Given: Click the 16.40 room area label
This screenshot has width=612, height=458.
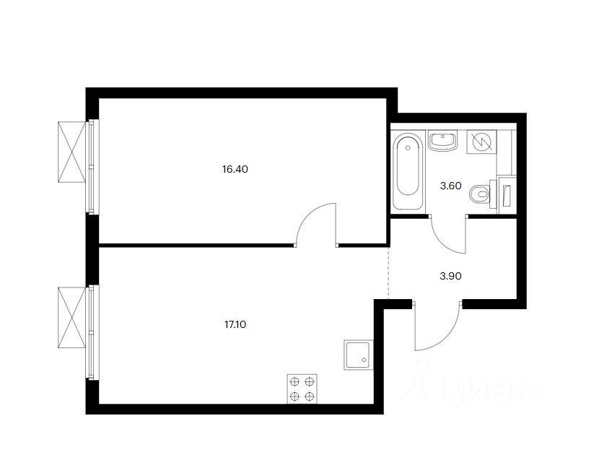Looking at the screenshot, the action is (x=235, y=169).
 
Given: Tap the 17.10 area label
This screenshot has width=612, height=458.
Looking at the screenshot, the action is (x=235, y=324).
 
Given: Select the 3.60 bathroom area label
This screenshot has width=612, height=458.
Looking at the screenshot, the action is (x=451, y=186).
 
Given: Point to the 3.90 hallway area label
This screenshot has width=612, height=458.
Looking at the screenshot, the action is (x=451, y=276).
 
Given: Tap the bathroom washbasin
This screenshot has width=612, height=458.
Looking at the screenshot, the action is (x=442, y=140).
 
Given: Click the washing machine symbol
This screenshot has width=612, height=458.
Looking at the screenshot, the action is (x=482, y=141).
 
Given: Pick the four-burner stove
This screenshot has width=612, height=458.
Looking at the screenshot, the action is (x=302, y=389).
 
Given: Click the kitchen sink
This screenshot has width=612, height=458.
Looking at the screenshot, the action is (x=358, y=355).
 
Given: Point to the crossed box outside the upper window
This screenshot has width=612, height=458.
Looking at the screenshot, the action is (x=72, y=152).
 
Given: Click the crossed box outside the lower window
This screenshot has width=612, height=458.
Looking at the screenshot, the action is (x=72, y=317).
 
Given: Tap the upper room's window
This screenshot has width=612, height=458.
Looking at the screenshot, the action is (x=92, y=167).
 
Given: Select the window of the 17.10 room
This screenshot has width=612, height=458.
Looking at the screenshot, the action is (x=92, y=332).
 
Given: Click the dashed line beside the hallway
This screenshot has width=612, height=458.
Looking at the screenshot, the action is (x=388, y=272).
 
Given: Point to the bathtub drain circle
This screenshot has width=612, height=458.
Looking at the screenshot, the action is (x=408, y=147).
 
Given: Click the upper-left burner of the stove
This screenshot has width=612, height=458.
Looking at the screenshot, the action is (x=294, y=381).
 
